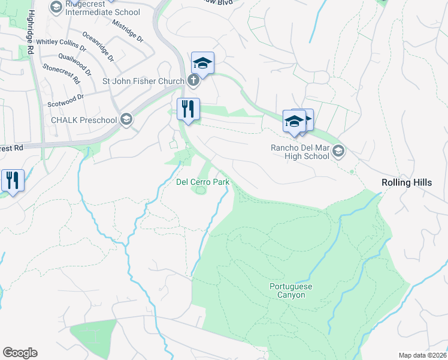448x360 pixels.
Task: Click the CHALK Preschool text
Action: (x=83, y=120)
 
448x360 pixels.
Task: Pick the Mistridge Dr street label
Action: (x=127, y=29)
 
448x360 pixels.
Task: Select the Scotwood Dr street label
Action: (x=66, y=100)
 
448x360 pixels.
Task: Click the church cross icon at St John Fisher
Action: (x=193, y=80)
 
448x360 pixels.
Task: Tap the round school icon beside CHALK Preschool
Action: (x=126, y=119)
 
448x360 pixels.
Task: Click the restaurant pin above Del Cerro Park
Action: (x=188, y=109)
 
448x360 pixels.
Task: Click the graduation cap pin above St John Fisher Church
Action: (x=203, y=63)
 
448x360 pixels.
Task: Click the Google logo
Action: (x=20, y=353)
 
